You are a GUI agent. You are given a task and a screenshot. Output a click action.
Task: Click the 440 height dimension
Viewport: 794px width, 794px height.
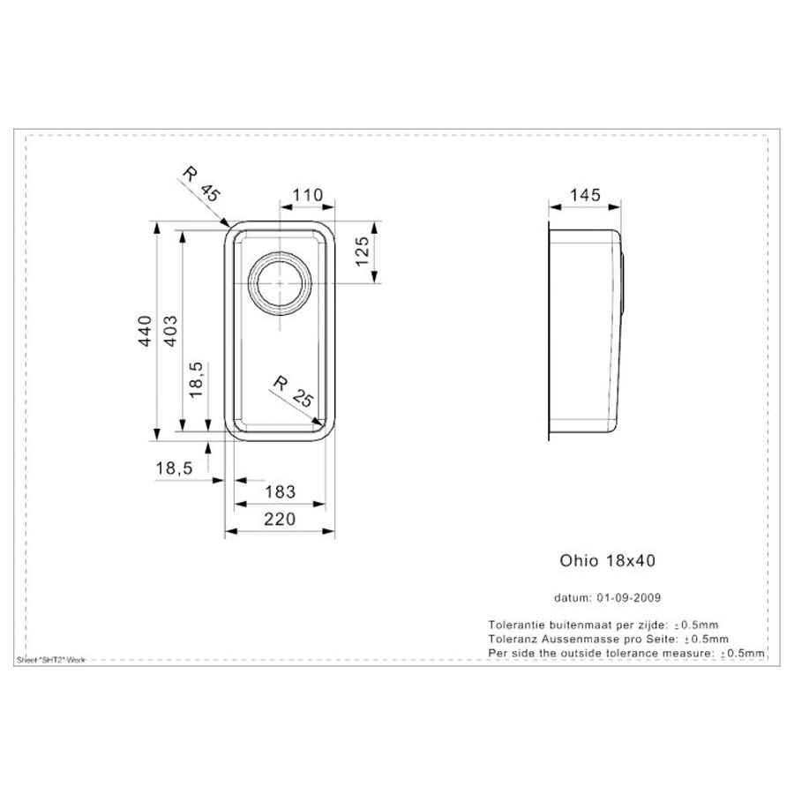click(x=146, y=331)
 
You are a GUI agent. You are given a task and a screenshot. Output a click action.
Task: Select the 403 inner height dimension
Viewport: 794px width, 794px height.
click(x=172, y=331)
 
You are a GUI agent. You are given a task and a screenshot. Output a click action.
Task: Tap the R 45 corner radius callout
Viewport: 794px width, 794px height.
click(x=201, y=184)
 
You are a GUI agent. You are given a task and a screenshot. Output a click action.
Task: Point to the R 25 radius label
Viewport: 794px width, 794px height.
click(x=294, y=392)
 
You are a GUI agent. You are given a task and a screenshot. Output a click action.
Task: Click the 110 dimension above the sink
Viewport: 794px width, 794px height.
click(x=307, y=195)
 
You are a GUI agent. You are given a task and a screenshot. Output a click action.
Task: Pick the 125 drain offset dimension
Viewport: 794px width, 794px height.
click(x=363, y=251)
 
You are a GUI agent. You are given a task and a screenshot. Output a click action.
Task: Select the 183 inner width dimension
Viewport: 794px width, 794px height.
click(x=280, y=491)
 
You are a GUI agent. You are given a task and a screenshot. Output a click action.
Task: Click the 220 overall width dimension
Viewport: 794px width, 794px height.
click(x=280, y=519)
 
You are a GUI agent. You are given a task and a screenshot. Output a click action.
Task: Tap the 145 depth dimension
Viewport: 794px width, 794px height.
click(x=586, y=195)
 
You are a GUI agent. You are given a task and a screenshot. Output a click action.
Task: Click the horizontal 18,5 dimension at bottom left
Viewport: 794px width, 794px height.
click(x=174, y=468)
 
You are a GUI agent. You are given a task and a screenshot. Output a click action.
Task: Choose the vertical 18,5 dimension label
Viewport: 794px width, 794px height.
click(x=197, y=379)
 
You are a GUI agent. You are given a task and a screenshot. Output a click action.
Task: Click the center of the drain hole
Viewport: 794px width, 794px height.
click(x=280, y=283)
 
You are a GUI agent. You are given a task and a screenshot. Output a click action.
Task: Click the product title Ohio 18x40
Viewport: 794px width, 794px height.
click(x=608, y=560)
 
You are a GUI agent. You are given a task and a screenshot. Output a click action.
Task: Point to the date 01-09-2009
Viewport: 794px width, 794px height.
click(x=629, y=597)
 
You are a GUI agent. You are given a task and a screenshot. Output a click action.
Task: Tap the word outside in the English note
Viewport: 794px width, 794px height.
click(x=580, y=653)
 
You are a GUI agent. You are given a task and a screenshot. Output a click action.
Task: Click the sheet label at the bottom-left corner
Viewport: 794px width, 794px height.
click(x=51, y=660)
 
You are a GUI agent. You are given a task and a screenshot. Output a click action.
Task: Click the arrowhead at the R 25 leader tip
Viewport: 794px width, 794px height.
click(x=318, y=422)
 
